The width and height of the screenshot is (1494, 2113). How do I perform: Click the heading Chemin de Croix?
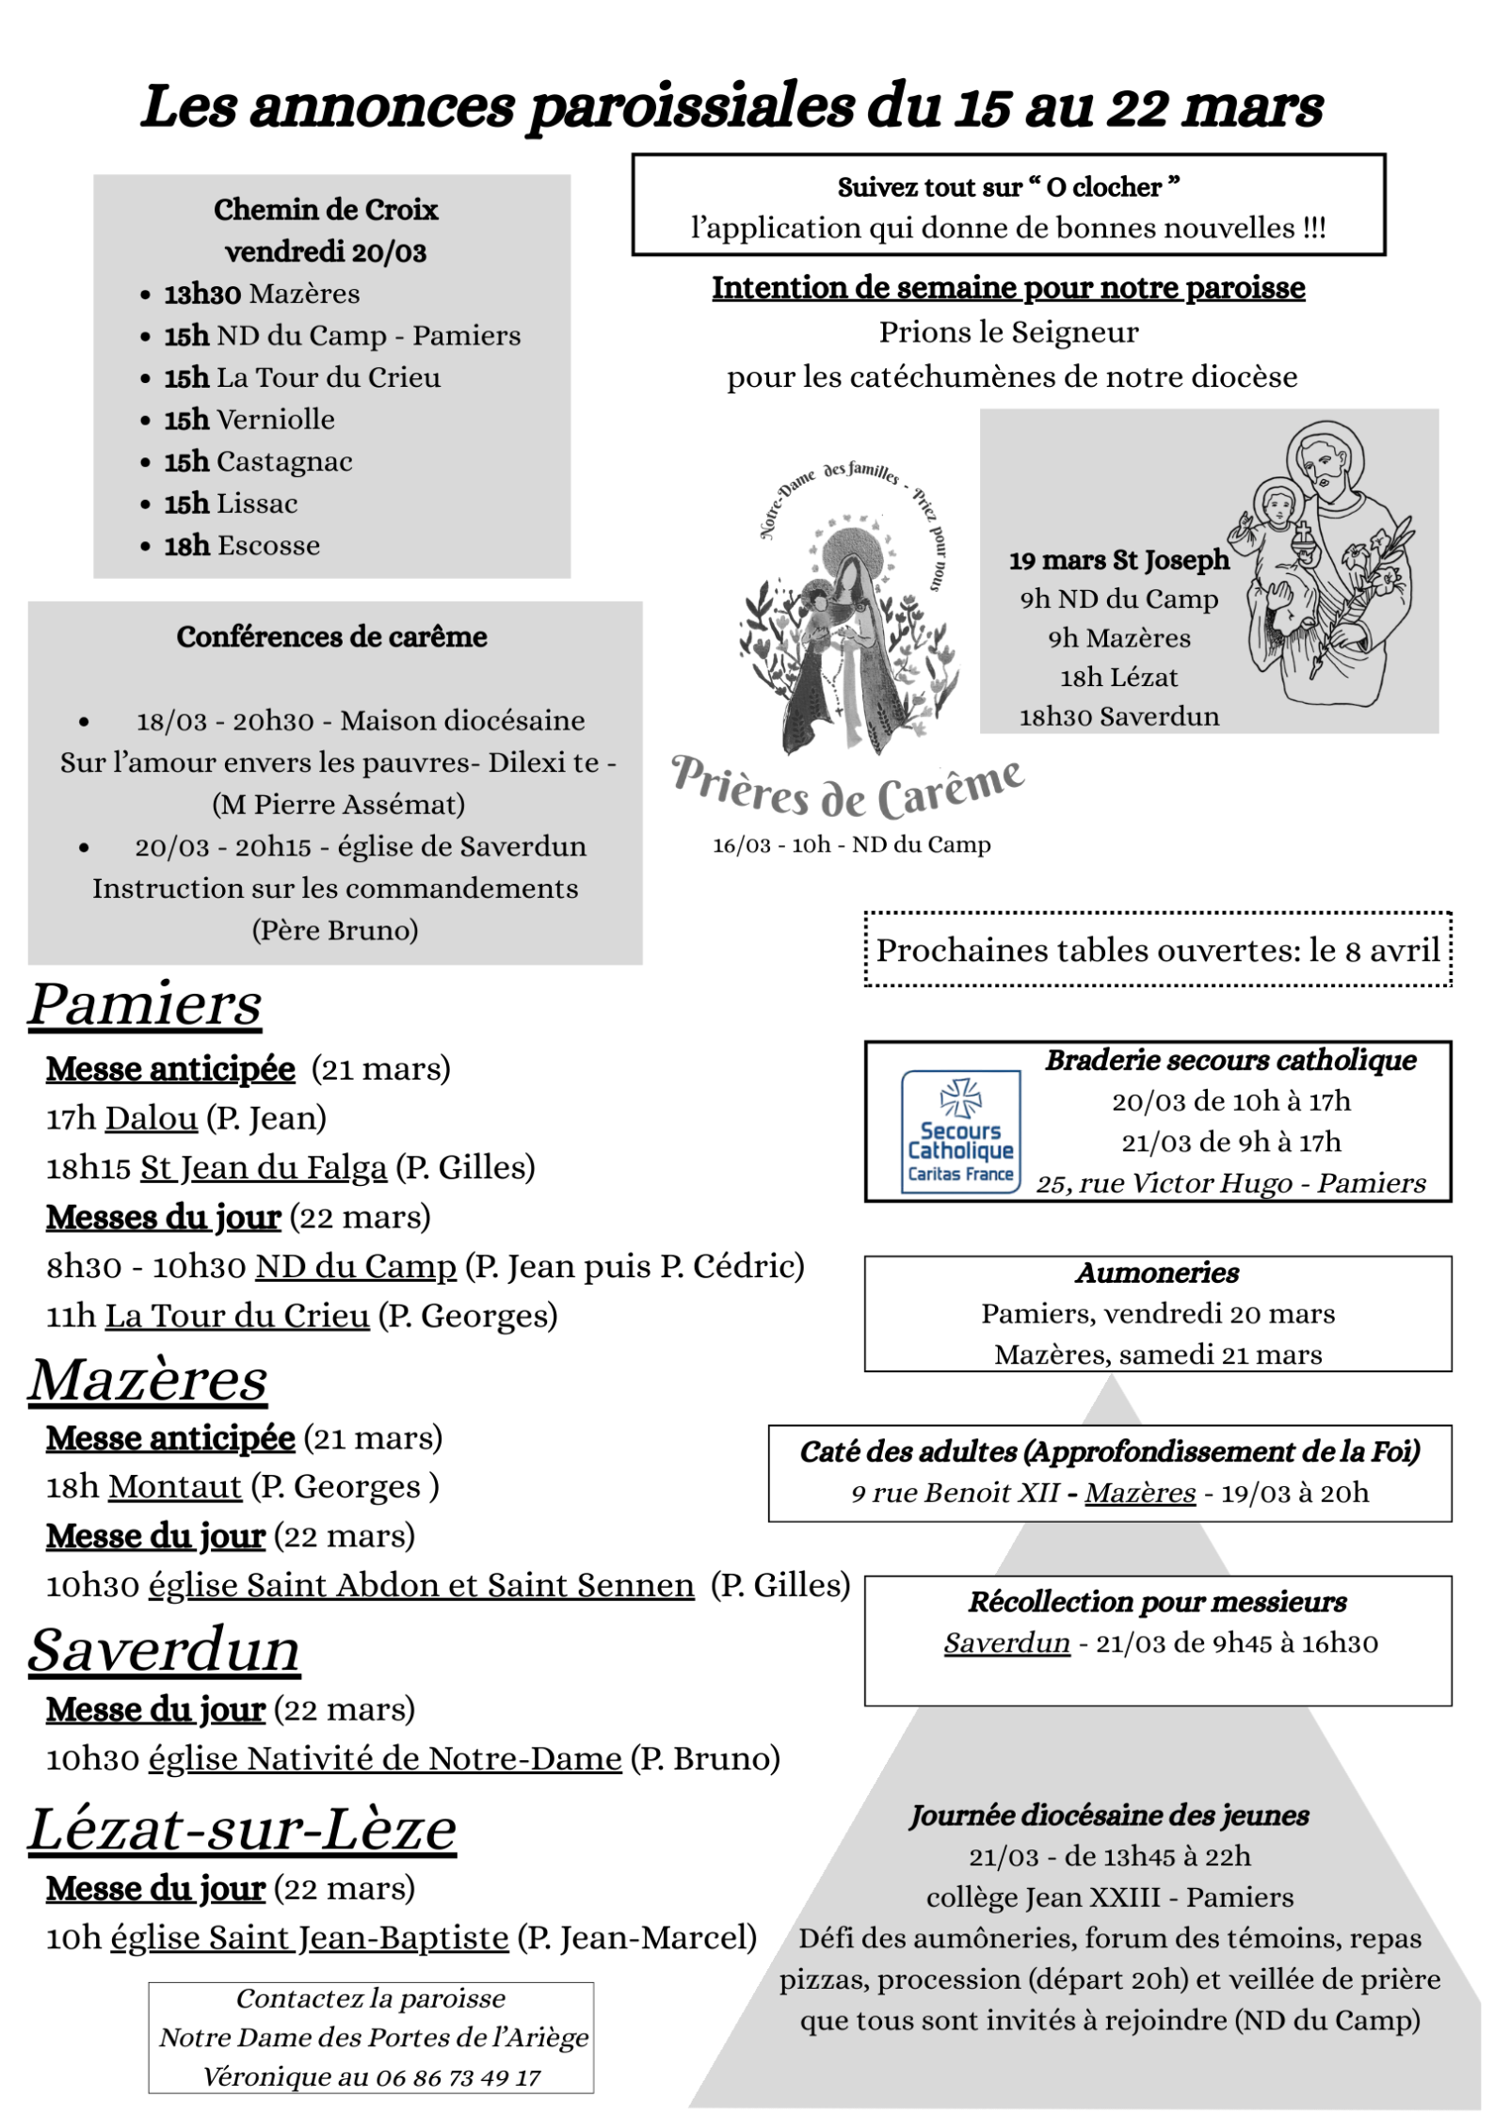click(x=326, y=209)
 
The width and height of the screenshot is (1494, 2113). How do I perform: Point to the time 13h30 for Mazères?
click(x=202, y=294)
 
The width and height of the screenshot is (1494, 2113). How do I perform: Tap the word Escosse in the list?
click(x=268, y=545)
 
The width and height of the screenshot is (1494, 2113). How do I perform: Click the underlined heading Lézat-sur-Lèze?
click(x=242, y=1829)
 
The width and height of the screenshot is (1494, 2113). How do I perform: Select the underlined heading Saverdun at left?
click(x=164, y=1650)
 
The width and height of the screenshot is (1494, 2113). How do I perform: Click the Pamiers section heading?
click(x=145, y=1004)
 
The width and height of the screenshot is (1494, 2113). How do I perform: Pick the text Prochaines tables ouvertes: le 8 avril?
click(x=1157, y=950)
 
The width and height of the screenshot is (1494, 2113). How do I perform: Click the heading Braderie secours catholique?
click(x=1230, y=1060)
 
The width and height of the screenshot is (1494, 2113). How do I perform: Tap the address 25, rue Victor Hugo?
click(x=1163, y=1183)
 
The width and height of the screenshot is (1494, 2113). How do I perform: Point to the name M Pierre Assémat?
click(x=338, y=804)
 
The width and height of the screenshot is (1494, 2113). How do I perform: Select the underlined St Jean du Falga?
click(x=264, y=1167)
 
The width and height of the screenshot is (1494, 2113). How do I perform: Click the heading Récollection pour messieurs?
click(x=1157, y=1601)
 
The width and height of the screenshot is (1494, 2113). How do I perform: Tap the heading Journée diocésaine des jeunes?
click(x=1109, y=1815)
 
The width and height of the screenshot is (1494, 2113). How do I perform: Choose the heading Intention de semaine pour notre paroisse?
click(x=1007, y=287)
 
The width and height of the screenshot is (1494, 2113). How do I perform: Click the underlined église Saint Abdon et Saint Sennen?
click(x=421, y=1585)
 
